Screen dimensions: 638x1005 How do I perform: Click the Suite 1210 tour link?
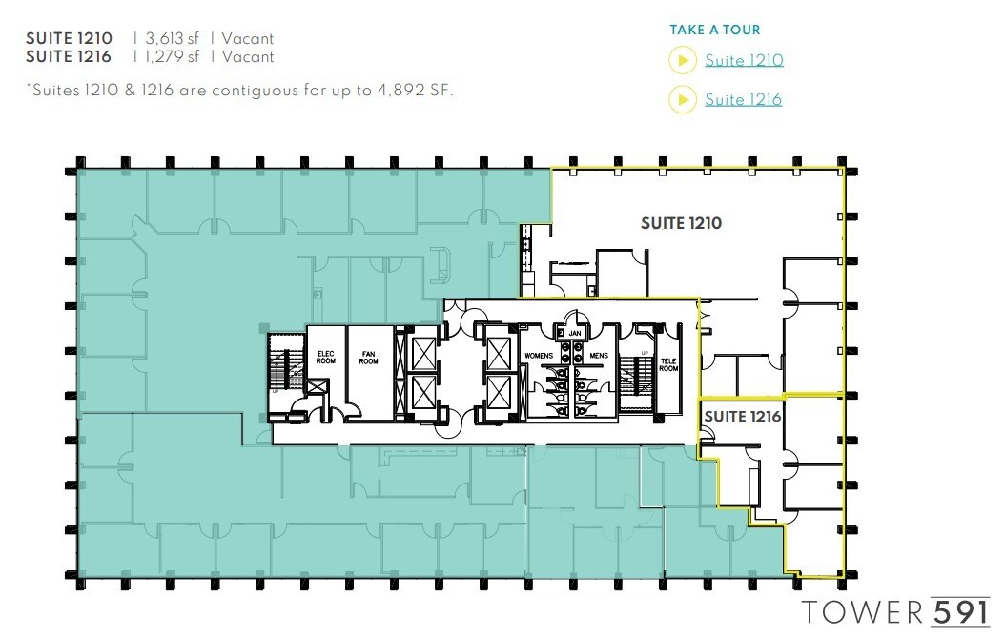[x=744, y=61]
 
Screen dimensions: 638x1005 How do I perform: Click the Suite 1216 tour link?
[x=743, y=99]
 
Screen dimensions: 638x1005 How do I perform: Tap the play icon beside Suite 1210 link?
[x=682, y=61]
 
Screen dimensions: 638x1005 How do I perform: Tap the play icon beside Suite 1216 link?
[x=682, y=99]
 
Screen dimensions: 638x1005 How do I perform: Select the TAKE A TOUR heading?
[x=715, y=31]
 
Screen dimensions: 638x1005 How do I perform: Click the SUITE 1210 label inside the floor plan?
[x=681, y=223]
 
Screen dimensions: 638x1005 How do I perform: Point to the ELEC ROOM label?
[x=325, y=358]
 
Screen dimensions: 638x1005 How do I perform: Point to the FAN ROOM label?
[x=369, y=358]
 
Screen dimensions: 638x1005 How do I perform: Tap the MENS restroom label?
[x=598, y=355]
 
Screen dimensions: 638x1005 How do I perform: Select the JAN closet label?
[x=575, y=334]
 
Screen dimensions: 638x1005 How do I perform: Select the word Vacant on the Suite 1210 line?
[x=248, y=39]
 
